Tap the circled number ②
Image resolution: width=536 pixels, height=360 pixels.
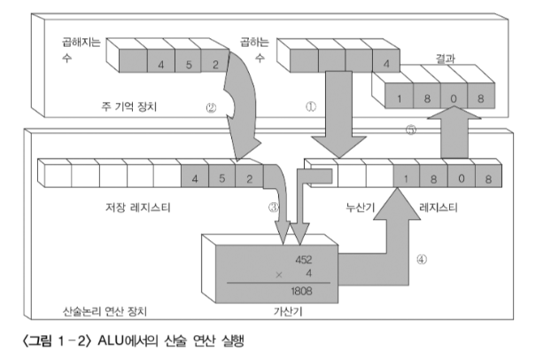(211, 109)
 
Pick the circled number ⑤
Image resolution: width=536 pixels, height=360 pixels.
(410, 129)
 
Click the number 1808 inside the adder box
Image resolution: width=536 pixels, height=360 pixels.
(299, 288)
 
